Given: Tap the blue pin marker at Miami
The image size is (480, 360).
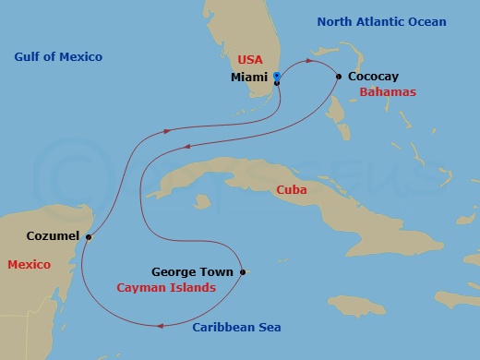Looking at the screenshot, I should tap(277, 78).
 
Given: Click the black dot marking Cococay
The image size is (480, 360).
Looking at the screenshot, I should tap(340, 77).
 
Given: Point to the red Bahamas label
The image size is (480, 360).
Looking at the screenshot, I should tap(388, 92).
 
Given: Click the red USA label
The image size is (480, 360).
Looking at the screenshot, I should tap(251, 60).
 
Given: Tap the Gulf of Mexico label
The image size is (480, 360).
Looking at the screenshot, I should tap(58, 57).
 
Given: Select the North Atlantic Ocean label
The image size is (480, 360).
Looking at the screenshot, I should tap(381, 21).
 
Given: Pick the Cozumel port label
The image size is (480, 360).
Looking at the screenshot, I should tap(52, 237).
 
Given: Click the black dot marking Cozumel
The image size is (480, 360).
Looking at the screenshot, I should tap(89, 237).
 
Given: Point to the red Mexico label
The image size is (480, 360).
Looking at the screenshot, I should tap(29, 265).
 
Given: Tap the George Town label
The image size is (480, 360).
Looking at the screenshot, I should tap(194, 272).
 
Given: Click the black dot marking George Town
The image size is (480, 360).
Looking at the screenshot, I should tap(242, 272).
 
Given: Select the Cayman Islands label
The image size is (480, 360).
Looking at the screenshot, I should tap(166, 288).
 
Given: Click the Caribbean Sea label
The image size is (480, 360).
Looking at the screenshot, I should tap(236, 328).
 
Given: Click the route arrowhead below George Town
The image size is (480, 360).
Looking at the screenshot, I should tap(162, 324).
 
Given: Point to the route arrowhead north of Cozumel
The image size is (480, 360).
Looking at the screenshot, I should tap(166, 131).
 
